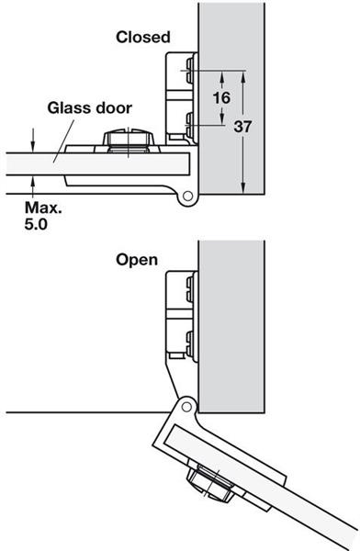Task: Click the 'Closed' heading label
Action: tap(143, 37)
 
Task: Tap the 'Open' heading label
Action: tap(137, 261)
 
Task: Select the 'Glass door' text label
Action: tap(90, 107)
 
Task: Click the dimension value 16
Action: tap(221, 97)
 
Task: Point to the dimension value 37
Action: tap(242, 127)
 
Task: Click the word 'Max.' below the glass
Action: tap(43, 208)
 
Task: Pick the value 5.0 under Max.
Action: tap(36, 224)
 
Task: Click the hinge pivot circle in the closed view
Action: tap(187, 196)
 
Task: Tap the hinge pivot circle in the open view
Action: tap(186, 407)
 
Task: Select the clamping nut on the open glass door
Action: tap(210, 482)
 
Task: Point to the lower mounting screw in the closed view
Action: tap(190, 124)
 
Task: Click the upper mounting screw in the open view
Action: tap(190, 289)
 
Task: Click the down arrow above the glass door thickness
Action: tap(33, 141)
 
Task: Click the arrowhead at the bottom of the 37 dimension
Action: tap(243, 188)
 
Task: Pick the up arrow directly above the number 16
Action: tap(222, 79)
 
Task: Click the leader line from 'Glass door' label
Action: tap(63, 141)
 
